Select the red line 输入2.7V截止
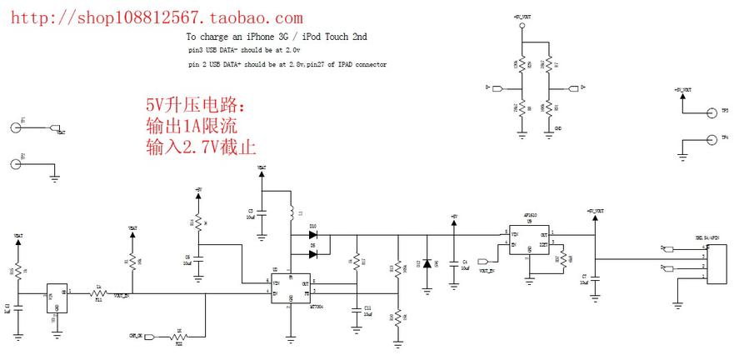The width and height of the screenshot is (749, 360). (200, 145)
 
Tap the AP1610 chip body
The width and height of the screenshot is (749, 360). (529, 240)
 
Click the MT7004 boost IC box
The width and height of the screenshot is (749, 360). (290, 288)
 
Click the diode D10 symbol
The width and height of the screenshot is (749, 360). (313, 234)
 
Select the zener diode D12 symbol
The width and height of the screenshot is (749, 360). (427, 263)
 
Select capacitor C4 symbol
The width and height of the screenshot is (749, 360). (453, 263)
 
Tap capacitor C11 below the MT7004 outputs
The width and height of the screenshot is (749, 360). (356, 307)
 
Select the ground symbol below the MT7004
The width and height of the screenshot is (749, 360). (290, 338)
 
